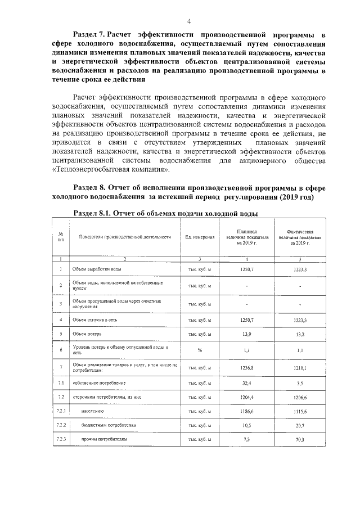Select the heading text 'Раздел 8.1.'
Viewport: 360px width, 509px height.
(93, 214)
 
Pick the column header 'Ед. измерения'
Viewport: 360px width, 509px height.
(200, 237)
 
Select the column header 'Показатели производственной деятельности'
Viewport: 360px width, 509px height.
(125, 237)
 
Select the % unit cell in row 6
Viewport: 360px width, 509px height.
(199, 350)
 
